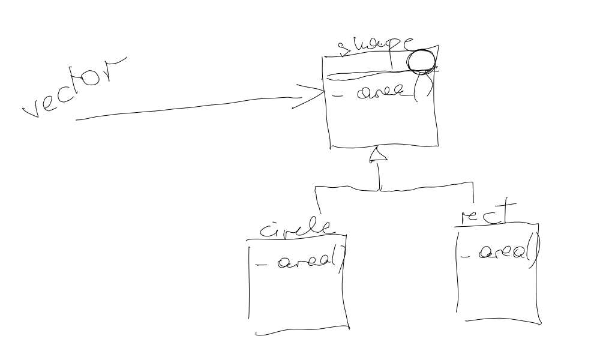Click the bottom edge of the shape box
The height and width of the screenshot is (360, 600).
(x=384, y=146)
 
